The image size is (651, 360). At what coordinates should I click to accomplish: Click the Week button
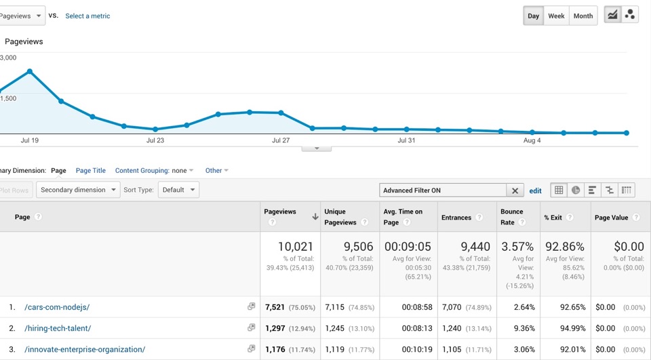(x=556, y=16)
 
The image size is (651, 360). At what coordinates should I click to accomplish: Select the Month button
(x=583, y=16)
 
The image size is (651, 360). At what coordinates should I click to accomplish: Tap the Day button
(x=533, y=16)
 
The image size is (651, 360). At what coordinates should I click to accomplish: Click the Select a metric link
(x=87, y=16)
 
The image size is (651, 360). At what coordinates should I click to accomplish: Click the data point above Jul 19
(x=30, y=71)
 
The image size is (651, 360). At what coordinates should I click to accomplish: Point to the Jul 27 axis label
(x=281, y=140)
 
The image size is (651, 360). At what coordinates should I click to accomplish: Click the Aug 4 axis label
(x=532, y=140)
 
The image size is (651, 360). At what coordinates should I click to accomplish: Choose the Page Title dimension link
(x=90, y=170)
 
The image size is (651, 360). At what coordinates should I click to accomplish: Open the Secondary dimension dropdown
(x=78, y=190)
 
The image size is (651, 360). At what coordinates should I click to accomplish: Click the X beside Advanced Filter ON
(x=515, y=191)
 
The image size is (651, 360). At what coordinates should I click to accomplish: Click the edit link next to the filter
(x=535, y=191)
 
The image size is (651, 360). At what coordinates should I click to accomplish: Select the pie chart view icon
(x=576, y=191)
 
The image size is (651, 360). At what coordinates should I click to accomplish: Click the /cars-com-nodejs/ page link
(x=57, y=307)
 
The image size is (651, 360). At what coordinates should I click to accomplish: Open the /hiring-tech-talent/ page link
(x=58, y=328)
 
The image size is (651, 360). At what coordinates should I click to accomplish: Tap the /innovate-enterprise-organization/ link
(x=85, y=350)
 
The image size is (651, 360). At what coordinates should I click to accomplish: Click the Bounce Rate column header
(x=511, y=217)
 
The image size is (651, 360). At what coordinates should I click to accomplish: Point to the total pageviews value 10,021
(x=295, y=247)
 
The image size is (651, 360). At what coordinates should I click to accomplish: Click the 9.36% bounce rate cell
(x=524, y=328)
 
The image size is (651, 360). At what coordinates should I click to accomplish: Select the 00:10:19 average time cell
(x=417, y=350)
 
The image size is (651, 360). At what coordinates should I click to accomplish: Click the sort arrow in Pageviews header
(x=315, y=216)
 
